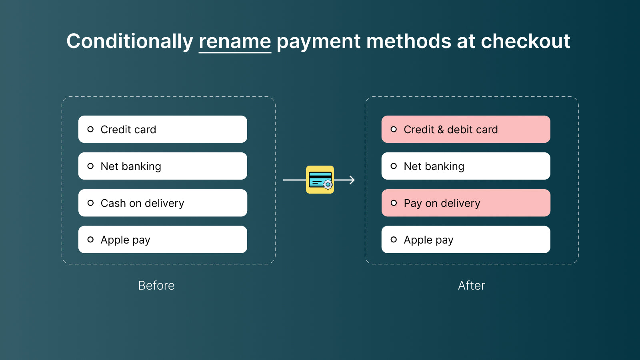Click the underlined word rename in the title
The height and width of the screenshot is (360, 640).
235,41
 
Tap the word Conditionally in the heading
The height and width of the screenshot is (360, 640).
130,41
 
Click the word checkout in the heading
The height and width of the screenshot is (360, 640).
525,41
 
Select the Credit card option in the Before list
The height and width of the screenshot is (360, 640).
162,129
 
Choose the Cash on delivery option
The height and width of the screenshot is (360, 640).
162,203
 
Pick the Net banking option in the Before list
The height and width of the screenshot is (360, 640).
162,166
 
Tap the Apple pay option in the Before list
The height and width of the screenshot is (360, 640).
162,240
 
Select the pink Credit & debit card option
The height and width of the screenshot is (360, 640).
466,129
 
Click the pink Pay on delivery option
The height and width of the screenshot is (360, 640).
466,203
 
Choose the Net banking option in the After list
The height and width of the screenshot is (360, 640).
466,166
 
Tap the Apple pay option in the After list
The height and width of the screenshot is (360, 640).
466,240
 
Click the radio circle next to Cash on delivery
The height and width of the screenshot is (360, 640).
90,203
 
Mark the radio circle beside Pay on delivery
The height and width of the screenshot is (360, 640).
394,203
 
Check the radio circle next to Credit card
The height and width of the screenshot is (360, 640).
90,129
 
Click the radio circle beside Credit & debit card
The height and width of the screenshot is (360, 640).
394,129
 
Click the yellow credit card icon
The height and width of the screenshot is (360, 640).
320,180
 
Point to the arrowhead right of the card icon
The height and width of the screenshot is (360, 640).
352,180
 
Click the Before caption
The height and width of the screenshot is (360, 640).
156,285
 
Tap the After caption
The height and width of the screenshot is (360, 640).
471,285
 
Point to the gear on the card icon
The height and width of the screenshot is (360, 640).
328,185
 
